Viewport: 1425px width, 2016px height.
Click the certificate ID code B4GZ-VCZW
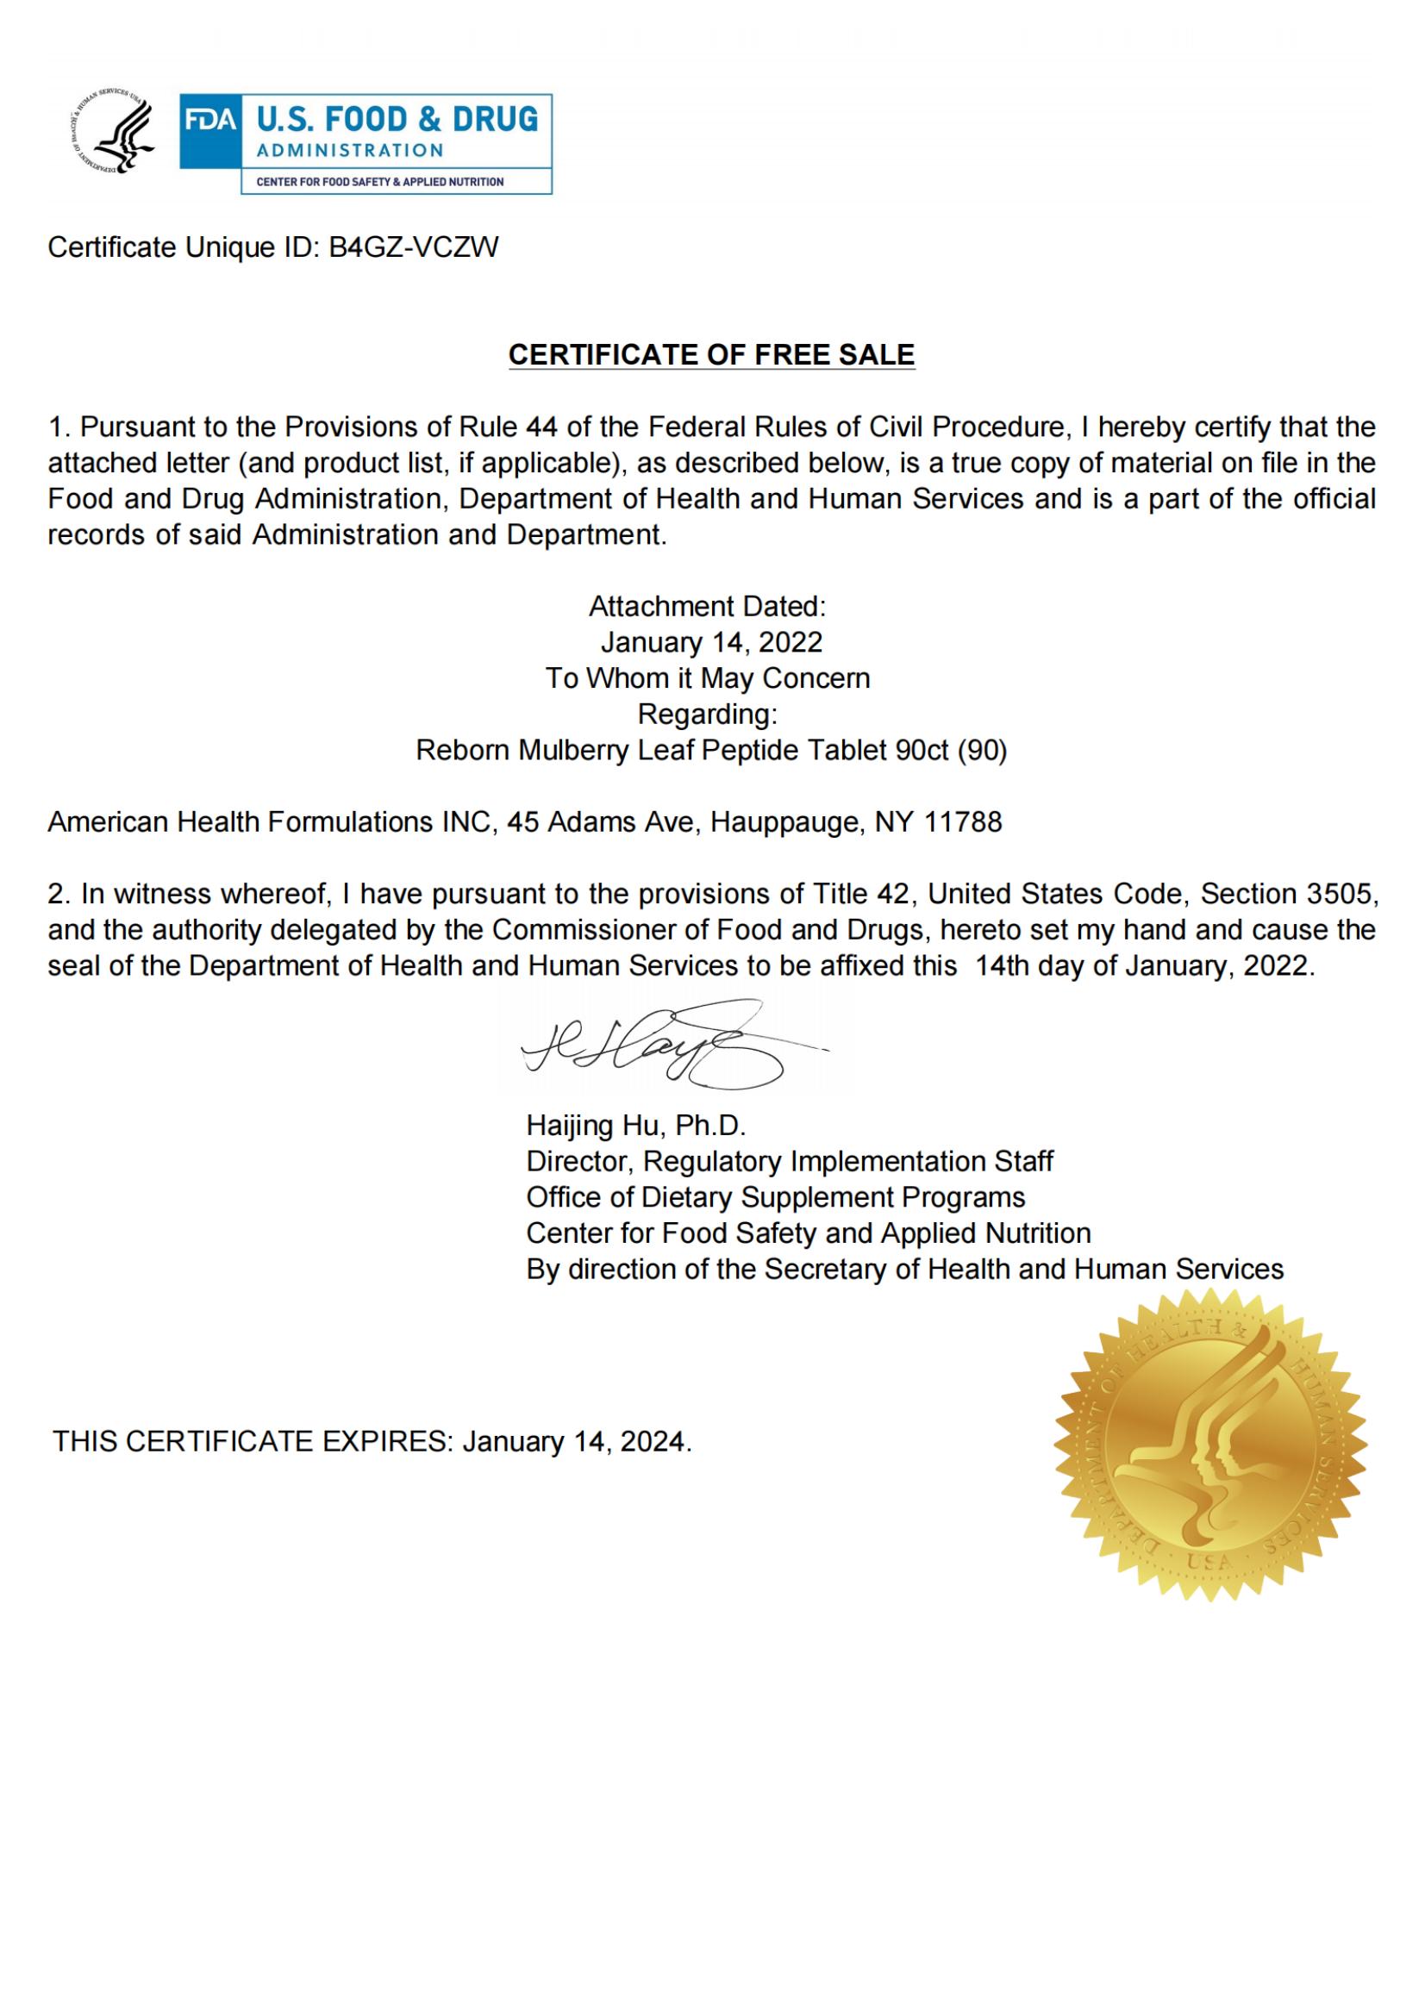(413, 247)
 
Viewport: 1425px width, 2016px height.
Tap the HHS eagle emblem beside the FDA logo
(111, 132)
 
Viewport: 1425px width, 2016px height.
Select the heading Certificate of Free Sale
(711, 355)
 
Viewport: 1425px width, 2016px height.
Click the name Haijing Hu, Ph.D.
(635, 1126)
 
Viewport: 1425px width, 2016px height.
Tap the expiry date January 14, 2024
(576, 1442)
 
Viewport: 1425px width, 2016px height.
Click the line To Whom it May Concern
(708, 677)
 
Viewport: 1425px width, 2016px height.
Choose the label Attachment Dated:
(707, 606)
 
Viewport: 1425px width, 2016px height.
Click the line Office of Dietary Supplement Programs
(775, 1198)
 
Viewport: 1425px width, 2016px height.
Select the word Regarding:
(707, 714)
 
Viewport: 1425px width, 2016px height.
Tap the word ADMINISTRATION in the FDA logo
(349, 150)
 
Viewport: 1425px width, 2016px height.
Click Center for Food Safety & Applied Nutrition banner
(379, 182)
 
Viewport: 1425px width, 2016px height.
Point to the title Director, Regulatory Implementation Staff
(790, 1162)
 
